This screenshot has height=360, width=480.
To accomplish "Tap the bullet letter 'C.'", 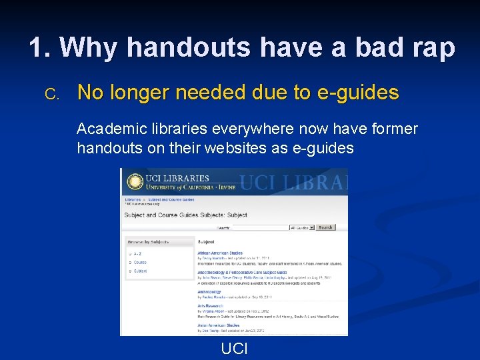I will (53, 94).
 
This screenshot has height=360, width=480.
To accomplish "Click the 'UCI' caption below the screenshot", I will (234, 348).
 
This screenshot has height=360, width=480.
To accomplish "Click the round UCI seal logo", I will (135, 182).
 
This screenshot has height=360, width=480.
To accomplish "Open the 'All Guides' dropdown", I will (301, 227).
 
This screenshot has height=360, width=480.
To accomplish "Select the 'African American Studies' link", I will (220, 253).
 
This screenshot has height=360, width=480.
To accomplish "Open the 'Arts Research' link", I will (211, 305).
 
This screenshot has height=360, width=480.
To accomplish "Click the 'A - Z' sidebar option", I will (137, 253).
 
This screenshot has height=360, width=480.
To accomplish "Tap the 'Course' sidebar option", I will (140, 262).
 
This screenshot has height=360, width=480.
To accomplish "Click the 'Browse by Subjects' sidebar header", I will (148, 242).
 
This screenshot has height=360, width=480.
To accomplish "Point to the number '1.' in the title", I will (41, 47).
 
